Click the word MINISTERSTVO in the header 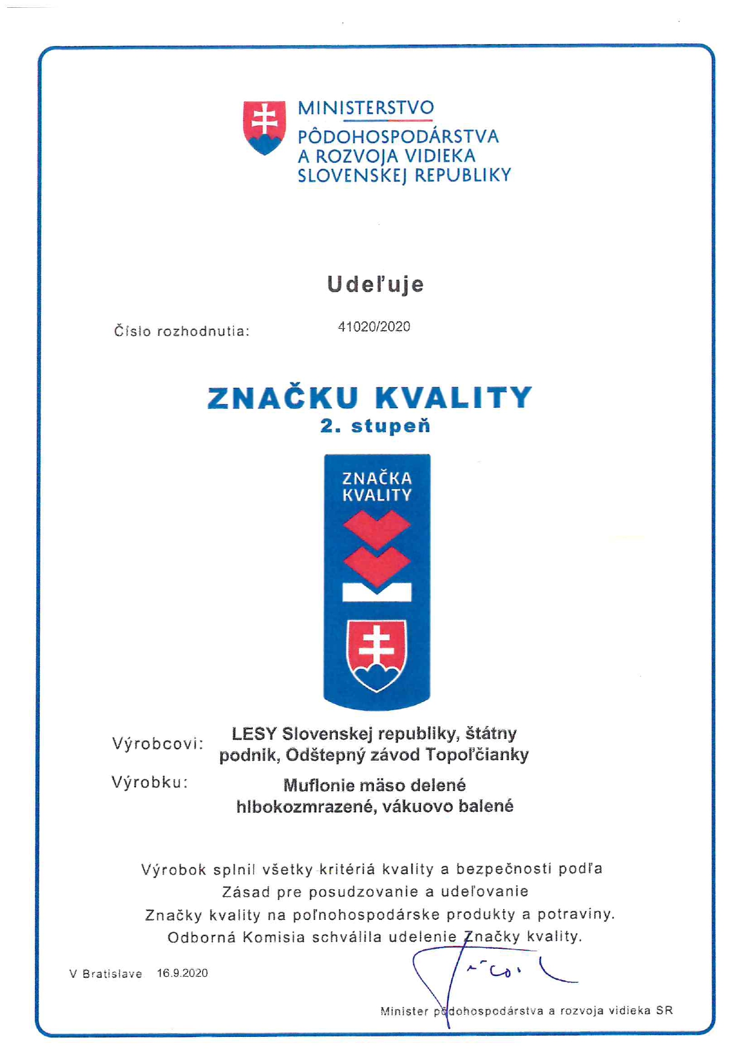coord(366,108)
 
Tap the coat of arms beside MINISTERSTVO coord(264,127)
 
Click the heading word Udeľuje coord(375,284)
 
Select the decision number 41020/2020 coord(374,327)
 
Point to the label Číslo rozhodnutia coord(182,331)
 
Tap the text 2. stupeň coord(375,426)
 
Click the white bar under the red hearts coord(377,593)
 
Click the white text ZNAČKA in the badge coord(377,479)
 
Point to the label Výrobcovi coord(157,744)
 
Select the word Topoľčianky coord(477,755)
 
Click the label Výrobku coord(150,782)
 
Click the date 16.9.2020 coord(182,973)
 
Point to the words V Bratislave coord(106,974)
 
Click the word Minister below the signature coord(404,1011)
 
